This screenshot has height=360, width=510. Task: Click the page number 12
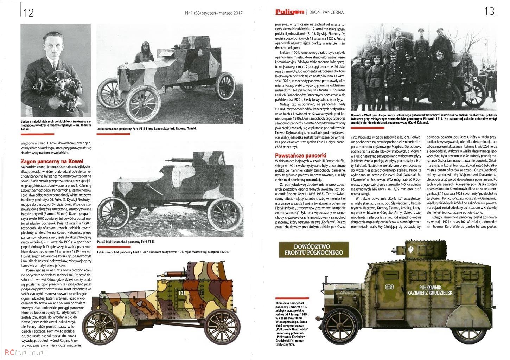click(28, 13)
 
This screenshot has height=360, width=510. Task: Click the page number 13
click(489, 11)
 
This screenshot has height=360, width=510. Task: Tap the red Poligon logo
click(289, 12)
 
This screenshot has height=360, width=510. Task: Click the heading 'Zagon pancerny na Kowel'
click(52, 161)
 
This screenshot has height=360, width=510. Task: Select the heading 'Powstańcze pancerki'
click(301, 155)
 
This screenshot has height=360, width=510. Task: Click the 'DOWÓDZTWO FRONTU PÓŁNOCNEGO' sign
click(313, 249)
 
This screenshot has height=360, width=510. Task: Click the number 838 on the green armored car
click(389, 286)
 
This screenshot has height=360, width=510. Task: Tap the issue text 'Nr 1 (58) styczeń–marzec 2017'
click(213, 13)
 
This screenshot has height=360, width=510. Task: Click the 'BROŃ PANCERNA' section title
click(326, 12)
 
